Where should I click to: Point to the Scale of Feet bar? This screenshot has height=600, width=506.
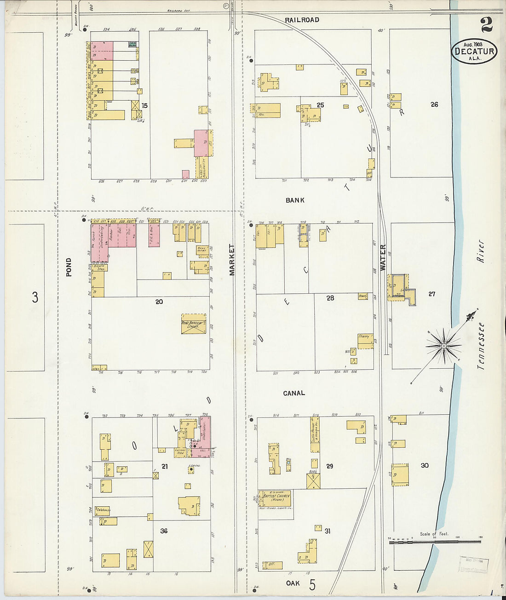click(435, 542)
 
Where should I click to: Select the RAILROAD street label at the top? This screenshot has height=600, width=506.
click(302, 20)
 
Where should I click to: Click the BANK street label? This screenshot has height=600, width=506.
click(294, 200)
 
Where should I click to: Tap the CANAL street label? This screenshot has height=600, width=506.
click(294, 393)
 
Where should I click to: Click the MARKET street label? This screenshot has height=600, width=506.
click(232, 260)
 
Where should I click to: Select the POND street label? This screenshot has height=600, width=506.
click(69, 267)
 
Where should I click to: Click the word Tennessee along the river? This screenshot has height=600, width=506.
click(481, 346)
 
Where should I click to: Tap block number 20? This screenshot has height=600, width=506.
click(159, 302)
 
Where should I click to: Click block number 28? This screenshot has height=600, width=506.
click(330, 298)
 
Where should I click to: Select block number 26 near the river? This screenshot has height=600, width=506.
click(434, 104)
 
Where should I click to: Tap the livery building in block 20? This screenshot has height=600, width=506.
click(194, 324)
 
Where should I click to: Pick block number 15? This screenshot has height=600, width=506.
click(144, 105)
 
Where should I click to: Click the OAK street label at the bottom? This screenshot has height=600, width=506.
click(293, 583)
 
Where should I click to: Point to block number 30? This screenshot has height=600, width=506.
click(425, 465)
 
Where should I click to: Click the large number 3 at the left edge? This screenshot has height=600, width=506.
click(35, 297)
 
